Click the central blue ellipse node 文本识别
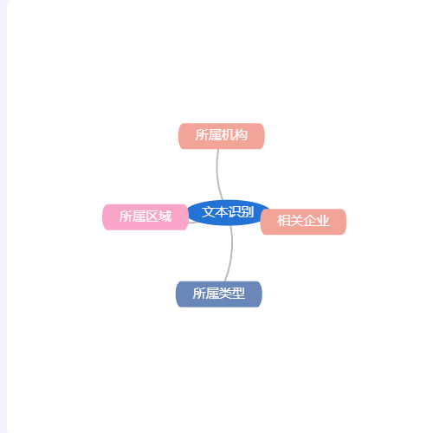coord(228,212)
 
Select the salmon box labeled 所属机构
coord(222,136)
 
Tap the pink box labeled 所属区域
coord(145,217)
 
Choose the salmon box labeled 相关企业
coord(303,222)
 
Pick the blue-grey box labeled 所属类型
coord(219,294)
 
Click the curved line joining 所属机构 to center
coord(217,175)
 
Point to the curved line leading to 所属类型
coord(230,254)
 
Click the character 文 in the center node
coord(208,212)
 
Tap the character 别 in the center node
coord(248,212)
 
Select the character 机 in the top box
coord(228,135)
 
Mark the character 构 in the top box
coord(241,135)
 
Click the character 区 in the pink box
coord(152,216)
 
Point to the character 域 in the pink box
coord(165,216)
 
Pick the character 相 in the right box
coord(283,221)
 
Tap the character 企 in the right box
coord(309,221)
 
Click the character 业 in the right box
coord(322,221)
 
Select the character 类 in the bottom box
coord(225,294)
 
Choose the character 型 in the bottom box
coord(238,294)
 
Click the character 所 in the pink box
coord(126,216)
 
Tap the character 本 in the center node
coord(221,212)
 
